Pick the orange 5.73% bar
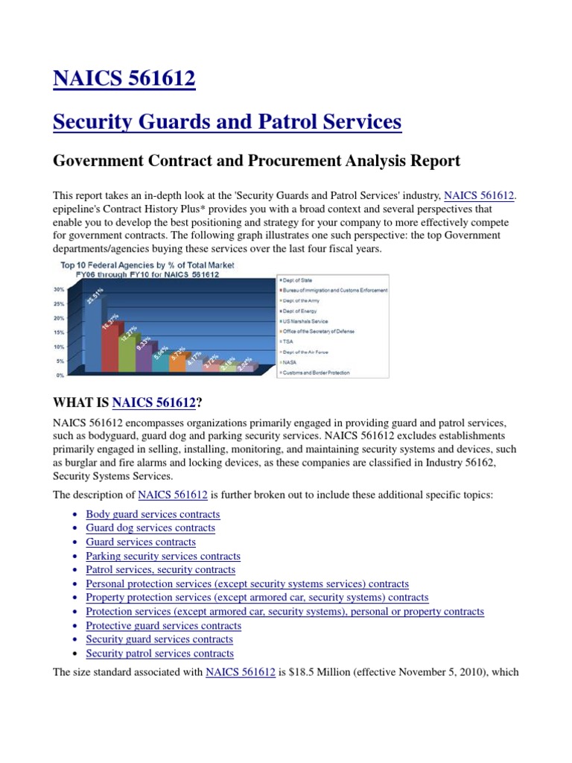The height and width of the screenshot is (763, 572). [x=177, y=364]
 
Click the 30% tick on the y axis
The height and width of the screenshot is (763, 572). [x=58, y=290]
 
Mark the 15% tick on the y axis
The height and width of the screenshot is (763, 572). [x=58, y=332]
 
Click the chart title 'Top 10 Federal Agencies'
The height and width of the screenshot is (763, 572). [x=143, y=265]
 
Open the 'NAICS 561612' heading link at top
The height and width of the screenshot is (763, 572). [x=124, y=78]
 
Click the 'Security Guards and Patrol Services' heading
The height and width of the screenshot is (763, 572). [x=227, y=121]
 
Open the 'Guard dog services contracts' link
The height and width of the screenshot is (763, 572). [x=150, y=528]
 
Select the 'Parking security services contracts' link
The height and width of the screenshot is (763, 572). [x=163, y=556]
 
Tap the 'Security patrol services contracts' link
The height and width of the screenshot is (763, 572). [x=159, y=653]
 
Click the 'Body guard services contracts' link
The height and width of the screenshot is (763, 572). [x=153, y=514]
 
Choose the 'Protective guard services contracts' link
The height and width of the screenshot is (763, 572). [x=163, y=626]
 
